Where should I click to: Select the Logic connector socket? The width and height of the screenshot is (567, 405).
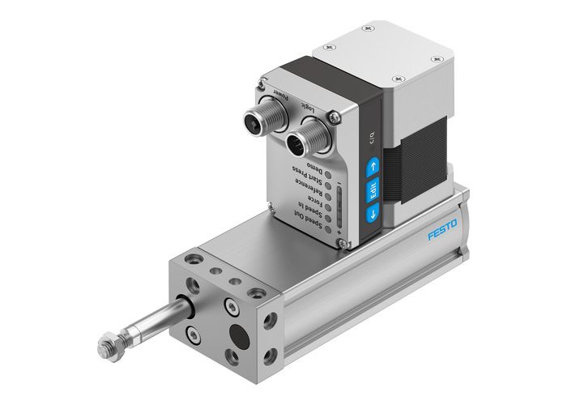click(x=304, y=145)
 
